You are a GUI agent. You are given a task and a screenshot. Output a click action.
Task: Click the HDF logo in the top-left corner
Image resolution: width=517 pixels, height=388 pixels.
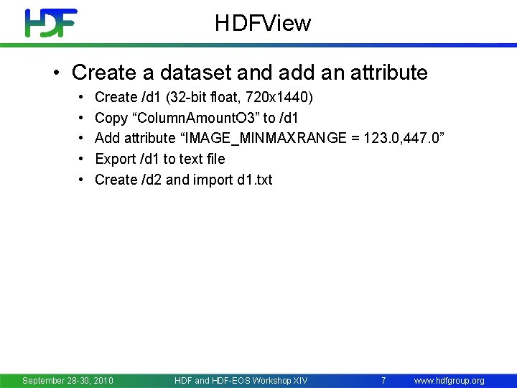50,23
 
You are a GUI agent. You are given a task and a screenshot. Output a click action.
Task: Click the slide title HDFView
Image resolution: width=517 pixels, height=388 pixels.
263,24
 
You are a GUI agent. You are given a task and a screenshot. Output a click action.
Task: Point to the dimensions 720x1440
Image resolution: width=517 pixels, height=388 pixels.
272,97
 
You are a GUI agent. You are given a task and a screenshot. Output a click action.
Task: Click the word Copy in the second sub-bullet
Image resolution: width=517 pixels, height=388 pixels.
111,118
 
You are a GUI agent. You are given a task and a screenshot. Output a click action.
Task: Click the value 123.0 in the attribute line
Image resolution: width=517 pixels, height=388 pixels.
381,138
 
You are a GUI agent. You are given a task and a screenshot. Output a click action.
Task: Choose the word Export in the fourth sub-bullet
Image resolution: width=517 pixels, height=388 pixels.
115,159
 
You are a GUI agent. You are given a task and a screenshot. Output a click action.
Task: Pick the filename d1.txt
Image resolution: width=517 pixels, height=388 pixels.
256,180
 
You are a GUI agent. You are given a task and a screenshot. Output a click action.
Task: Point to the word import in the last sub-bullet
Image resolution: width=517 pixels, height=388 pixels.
213,180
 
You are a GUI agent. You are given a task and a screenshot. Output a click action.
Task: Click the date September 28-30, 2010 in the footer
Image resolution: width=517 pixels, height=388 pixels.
67,380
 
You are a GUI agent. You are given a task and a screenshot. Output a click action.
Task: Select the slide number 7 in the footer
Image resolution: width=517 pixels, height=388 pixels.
383,380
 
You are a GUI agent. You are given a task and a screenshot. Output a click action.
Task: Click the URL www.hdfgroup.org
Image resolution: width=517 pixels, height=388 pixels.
450,380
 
